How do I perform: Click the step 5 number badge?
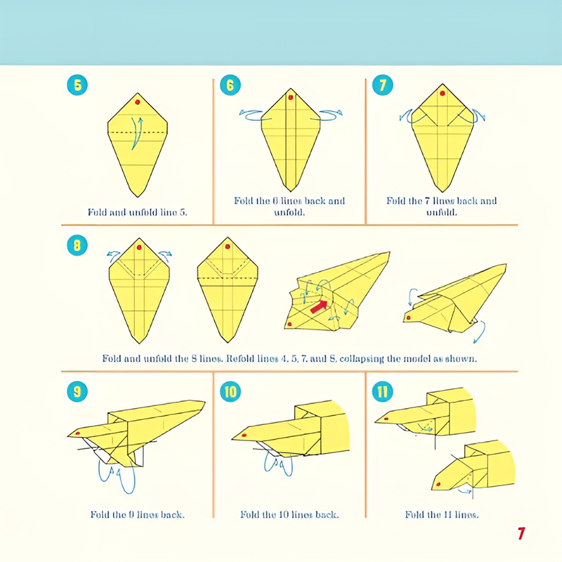tap(77, 85)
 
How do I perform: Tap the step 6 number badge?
tap(230, 85)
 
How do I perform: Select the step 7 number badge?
tap(383, 85)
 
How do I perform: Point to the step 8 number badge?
tap(77, 246)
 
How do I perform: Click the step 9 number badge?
tap(77, 391)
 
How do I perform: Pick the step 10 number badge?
tap(230, 391)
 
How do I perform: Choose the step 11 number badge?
tap(383, 391)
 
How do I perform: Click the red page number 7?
tap(522, 533)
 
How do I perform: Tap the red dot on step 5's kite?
tap(138, 102)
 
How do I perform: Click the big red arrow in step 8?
tap(319, 306)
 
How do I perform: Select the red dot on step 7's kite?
tap(442, 93)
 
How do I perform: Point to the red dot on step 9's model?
tap(78, 433)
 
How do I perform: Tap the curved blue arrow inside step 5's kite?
tap(136, 133)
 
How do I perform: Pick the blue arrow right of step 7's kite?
tap(479, 115)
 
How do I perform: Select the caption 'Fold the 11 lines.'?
tap(442, 515)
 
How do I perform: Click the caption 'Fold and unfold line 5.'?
tap(137, 212)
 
